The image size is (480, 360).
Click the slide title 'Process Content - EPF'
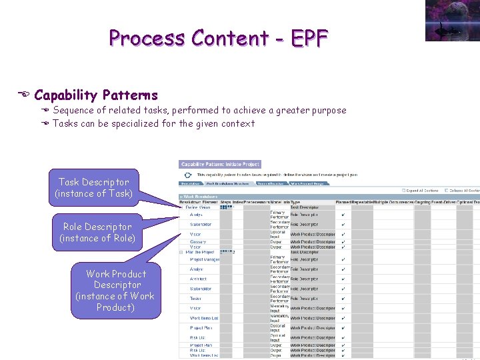219,38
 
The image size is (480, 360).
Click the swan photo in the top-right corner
452,20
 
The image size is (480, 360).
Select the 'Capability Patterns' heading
96,95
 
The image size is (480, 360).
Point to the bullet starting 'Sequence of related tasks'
199,110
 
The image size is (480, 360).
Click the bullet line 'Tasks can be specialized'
153,123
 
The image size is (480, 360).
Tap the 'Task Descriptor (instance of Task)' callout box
94,187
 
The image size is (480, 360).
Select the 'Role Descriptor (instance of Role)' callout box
97,232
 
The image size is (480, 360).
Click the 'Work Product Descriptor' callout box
115,290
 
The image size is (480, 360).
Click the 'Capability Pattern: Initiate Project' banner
220,164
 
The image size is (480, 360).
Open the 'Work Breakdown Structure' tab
227,183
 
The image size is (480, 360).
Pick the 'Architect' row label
198,279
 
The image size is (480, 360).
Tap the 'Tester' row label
195,299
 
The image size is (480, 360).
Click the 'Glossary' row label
198,242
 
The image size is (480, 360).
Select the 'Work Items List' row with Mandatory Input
204,318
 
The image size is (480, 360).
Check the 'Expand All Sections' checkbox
403,190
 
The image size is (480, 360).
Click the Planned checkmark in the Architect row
343,279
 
